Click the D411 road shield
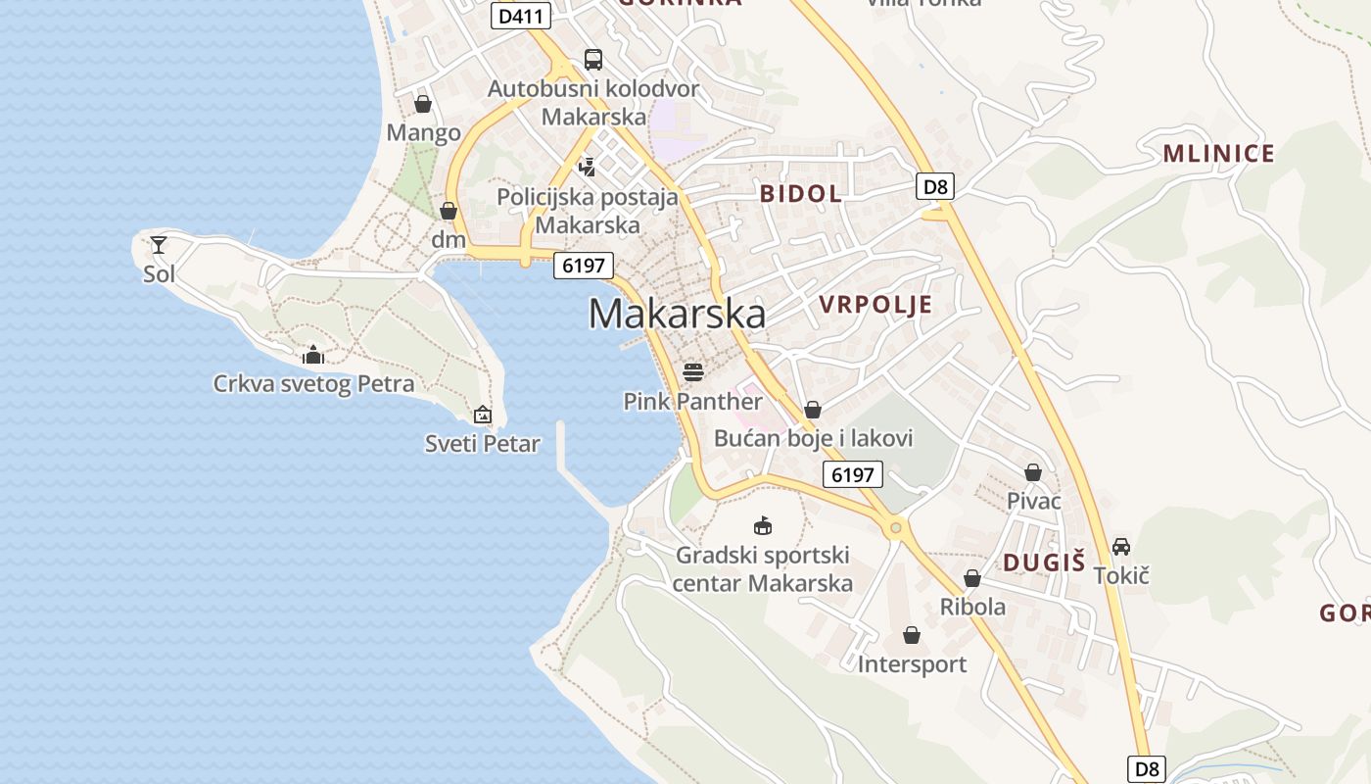[520, 16]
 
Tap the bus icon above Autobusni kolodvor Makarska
[593, 60]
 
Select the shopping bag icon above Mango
[423, 104]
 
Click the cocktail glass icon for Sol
[159, 245]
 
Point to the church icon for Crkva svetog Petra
[313, 355]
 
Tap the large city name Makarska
[677, 314]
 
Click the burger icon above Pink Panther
[693, 372]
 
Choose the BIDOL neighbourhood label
[800, 193]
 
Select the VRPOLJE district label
[875, 305]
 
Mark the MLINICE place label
[1218, 154]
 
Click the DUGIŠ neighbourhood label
[1044, 563]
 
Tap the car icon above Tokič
[1121, 547]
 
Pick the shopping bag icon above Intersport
[912, 636]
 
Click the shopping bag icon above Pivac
[1033, 473]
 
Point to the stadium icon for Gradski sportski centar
[763, 526]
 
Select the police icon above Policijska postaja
[588, 168]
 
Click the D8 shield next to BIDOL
[935, 186]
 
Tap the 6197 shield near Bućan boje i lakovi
[852, 475]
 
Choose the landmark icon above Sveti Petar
[482, 416]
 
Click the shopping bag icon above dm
[449, 211]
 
